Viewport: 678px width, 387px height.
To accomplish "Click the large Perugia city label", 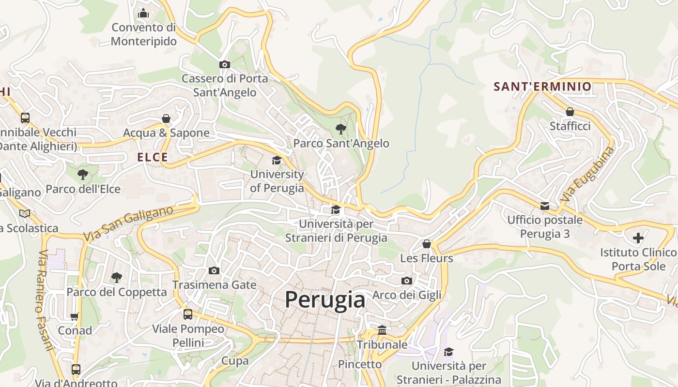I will click(x=324, y=299).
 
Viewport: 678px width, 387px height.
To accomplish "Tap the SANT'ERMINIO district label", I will click(x=542, y=87).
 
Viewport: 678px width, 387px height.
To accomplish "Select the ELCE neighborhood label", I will click(x=153, y=157).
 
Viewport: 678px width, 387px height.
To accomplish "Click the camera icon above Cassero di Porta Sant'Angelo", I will click(x=224, y=64).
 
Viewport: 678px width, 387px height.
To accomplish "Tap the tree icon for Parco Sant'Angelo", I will click(x=340, y=129).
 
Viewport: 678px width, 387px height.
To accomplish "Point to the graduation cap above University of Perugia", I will click(x=277, y=160).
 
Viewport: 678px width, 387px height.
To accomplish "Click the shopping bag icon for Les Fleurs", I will click(x=426, y=244).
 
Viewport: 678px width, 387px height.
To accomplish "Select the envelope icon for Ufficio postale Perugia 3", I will click(x=545, y=206).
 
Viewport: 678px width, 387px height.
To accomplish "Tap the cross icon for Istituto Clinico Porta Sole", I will click(x=638, y=238).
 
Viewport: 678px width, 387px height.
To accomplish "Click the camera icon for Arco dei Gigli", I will click(x=407, y=281).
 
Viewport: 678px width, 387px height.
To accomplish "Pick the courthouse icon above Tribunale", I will click(x=382, y=330).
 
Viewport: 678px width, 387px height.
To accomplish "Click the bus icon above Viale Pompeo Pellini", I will click(x=188, y=314).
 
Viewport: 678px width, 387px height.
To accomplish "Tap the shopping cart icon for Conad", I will click(x=75, y=317).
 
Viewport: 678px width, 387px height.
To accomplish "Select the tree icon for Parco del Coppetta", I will click(x=116, y=278).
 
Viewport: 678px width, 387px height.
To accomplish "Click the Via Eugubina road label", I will click(x=587, y=174).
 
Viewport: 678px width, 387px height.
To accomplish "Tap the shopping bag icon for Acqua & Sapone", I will click(x=166, y=119).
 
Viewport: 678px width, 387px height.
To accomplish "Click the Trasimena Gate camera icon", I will click(x=214, y=270).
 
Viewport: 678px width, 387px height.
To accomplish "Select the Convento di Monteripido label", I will click(x=143, y=34).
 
